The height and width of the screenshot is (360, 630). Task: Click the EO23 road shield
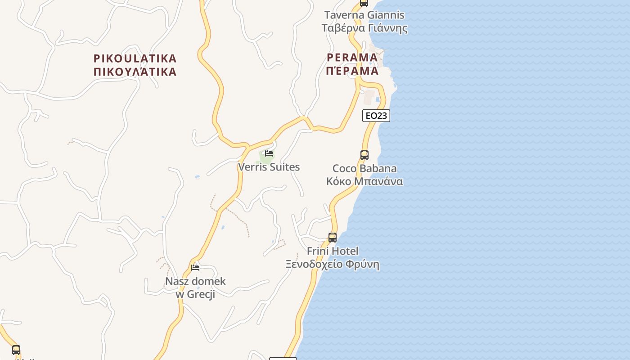[376, 116]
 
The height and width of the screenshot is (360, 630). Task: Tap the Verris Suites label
[269, 167]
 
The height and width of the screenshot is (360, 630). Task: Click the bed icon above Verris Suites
[269, 153]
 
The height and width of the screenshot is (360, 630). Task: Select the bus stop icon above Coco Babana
[364, 155]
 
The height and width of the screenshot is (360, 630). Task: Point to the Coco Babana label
[364, 169]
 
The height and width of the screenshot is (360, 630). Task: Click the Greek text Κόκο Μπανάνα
[364, 181]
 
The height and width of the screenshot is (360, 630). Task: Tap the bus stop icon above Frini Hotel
[333, 238]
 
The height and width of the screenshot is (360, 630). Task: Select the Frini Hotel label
[333, 251]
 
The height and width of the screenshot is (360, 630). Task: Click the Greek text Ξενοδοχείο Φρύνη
[333, 264]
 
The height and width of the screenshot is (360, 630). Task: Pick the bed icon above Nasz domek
[195, 267]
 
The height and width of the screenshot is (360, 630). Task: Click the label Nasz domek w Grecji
[195, 288]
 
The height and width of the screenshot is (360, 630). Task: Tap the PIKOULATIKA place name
[135, 58]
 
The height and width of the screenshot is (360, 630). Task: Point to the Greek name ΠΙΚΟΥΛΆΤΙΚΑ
[135, 72]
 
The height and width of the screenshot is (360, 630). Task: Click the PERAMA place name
[352, 58]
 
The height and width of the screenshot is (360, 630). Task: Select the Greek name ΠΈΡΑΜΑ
[352, 71]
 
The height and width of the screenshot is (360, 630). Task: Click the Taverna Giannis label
[364, 15]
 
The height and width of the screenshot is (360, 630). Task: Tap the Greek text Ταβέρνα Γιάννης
[364, 28]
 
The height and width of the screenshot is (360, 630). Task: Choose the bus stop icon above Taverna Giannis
[364, 3]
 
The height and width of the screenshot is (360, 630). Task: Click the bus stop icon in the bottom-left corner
[16, 350]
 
